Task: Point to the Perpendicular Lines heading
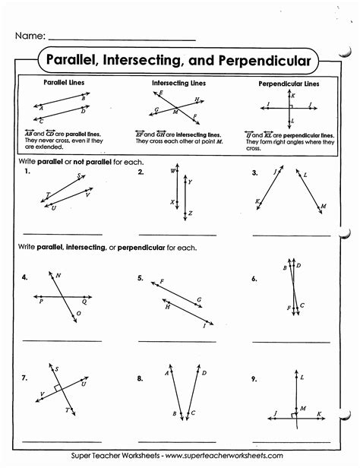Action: tap(289, 83)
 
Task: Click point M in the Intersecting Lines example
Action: tap(176, 112)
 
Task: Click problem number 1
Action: tap(27, 173)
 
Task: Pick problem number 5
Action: tap(141, 278)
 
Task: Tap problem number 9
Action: tap(256, 378)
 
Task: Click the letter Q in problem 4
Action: tap(84, 302)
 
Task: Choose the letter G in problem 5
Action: tap(198, 300)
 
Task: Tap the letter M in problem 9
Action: tap(303, 407)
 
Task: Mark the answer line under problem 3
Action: tap(291, 235)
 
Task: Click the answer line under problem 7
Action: tap(62, 441)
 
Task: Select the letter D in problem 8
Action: tap(204, 372)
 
